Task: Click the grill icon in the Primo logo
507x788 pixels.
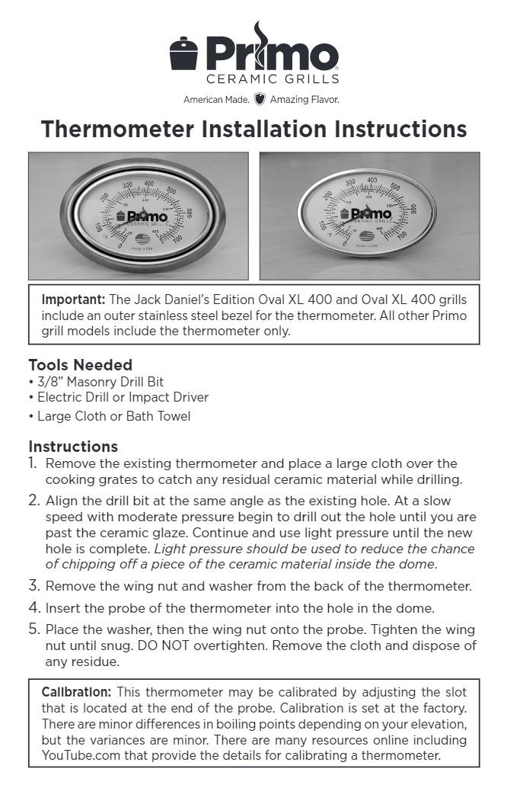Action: [184, 56]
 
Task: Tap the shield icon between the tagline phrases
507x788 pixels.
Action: [259, 99]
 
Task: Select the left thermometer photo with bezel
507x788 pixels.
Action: [139, 216]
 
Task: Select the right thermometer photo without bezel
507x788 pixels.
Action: [369, 216]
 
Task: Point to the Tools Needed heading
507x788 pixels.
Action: [80, 364]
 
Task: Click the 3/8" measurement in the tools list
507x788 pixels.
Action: [47, 382]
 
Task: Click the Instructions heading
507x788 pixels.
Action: [73, 446]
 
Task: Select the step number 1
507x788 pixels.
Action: [33, 463]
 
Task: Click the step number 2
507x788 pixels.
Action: [33, 501]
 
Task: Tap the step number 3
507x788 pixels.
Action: [33, 586]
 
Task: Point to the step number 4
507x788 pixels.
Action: [33, 608]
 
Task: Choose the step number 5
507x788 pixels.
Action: [33, 629]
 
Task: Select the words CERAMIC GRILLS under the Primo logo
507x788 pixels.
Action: [273, 78]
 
